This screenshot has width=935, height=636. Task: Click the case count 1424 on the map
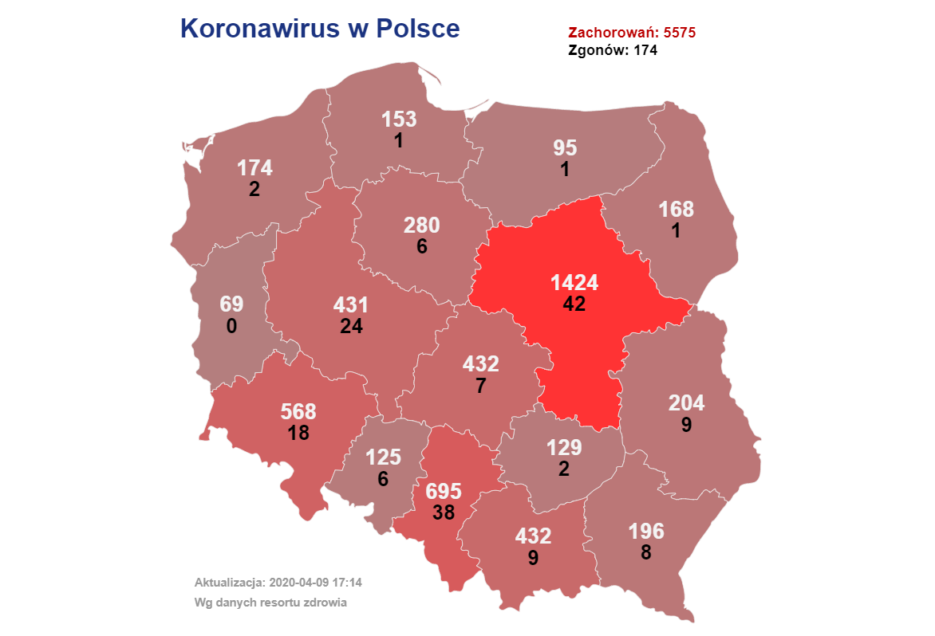tap(574, 283)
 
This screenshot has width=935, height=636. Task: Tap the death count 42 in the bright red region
tap(574, 304)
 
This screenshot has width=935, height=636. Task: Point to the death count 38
tap(444, 512)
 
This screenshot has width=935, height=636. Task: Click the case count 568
tap(298, 412)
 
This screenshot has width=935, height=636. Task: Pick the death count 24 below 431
tap(351, 326)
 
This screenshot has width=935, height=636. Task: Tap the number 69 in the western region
tap(231, 304)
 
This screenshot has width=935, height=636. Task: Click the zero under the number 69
tap(231, 326)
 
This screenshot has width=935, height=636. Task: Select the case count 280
tap(422, 226)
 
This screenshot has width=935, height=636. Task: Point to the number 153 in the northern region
tap(399, 120)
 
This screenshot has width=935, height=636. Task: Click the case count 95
tap(565, 148)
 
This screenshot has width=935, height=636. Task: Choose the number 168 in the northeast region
tap(676, 210)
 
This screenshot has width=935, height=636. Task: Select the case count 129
tap(564, 448)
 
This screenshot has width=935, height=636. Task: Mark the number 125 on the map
tap(383, 457)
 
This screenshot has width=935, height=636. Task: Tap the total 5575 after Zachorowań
tap(680, 33)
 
